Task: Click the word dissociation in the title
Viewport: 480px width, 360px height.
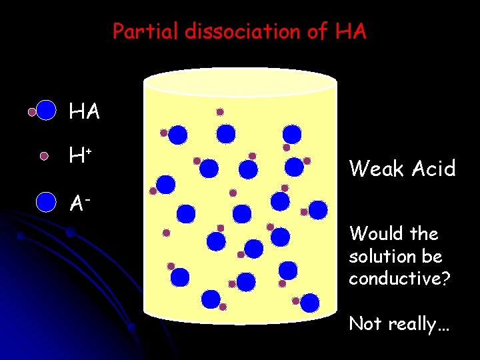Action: (241, 31)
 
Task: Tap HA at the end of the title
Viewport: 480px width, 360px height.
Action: (351, 31)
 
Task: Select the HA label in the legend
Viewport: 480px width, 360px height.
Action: (85, 112)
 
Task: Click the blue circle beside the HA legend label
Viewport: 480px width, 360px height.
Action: (46, 110)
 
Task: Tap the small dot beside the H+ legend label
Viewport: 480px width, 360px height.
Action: (44, 156)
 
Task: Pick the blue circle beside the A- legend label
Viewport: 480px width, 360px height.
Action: (46, 201)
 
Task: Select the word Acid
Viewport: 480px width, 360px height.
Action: (434, 169)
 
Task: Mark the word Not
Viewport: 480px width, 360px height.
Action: (364, 324)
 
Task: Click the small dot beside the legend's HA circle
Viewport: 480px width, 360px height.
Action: (31, 112)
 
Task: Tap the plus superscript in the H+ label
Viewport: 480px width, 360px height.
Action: (88, 151)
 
